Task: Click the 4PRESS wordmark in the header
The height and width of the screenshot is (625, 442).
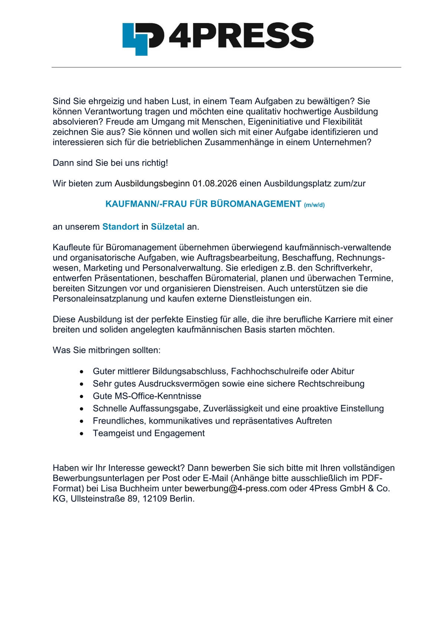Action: point(241,36)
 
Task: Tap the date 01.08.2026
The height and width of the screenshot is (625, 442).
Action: point(215,183)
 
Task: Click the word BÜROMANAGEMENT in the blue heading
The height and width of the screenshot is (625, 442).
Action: point(256,204)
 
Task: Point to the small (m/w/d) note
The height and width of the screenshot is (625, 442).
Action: point(314,205)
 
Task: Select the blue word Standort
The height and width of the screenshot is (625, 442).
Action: point(120,227)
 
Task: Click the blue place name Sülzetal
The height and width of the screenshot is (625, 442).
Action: point(168,227)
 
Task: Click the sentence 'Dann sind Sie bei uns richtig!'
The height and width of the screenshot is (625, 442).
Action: point(110,163)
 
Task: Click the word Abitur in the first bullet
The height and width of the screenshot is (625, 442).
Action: point(341,371)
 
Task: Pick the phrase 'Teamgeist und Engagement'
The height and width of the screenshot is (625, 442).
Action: point(149,433)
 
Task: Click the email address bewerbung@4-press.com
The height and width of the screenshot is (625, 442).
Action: point(235,488)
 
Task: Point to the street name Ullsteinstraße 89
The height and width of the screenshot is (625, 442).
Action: point(104,499)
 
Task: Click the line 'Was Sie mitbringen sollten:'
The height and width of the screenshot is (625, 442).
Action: point(107,350)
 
